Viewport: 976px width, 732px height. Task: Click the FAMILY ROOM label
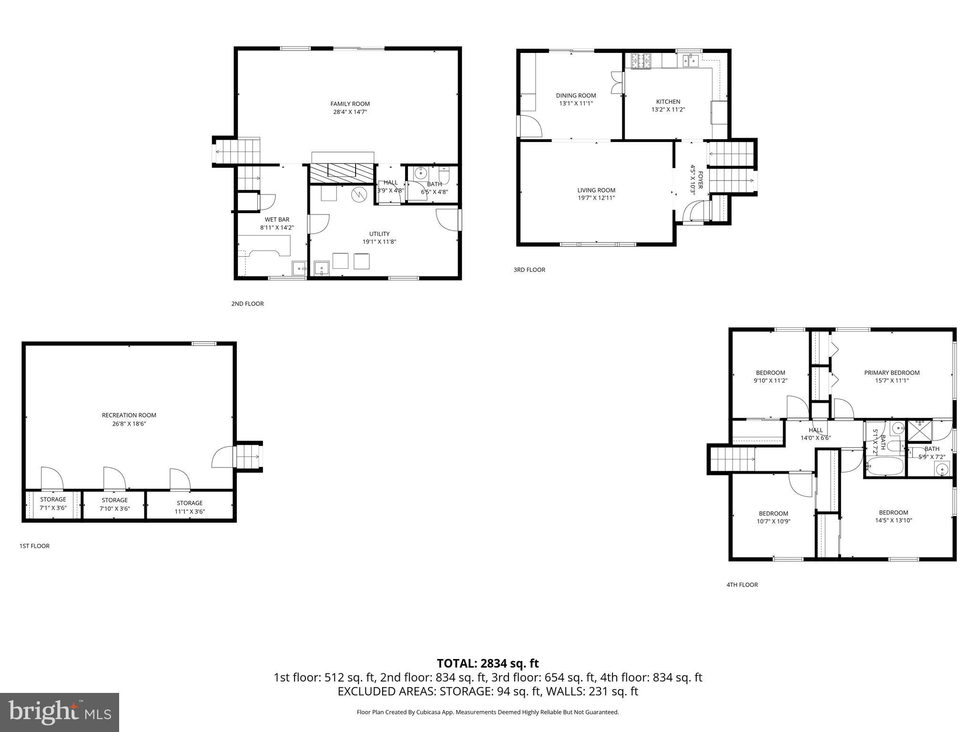(x=350, y=104)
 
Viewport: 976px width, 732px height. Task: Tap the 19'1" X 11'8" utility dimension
(x=379, y=242)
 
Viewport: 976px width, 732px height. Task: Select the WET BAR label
(x=277, y=220)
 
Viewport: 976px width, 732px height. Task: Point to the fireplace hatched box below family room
(x=341, y=173)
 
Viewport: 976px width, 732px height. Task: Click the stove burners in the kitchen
(x=641, y=60)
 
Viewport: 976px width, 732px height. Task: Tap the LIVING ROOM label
(x=596, y=190)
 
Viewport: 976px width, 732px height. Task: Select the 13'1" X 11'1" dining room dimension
(x=576, y=103)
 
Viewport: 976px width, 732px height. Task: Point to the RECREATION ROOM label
(x=129, y=415)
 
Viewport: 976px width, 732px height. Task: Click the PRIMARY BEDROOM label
(x=892, y=373)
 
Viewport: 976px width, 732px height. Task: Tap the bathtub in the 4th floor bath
(x=885, y=467)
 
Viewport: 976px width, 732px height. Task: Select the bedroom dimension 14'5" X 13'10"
(x=894, y=520)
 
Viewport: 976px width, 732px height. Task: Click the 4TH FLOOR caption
(x=742, y=585)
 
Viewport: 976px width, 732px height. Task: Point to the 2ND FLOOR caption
(x=247, y=304)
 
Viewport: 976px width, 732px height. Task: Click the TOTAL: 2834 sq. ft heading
(x=488, y=663)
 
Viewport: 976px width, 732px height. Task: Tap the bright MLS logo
(x=60, y=712)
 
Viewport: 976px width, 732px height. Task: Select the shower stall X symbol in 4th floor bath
(x=919, y=430)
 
